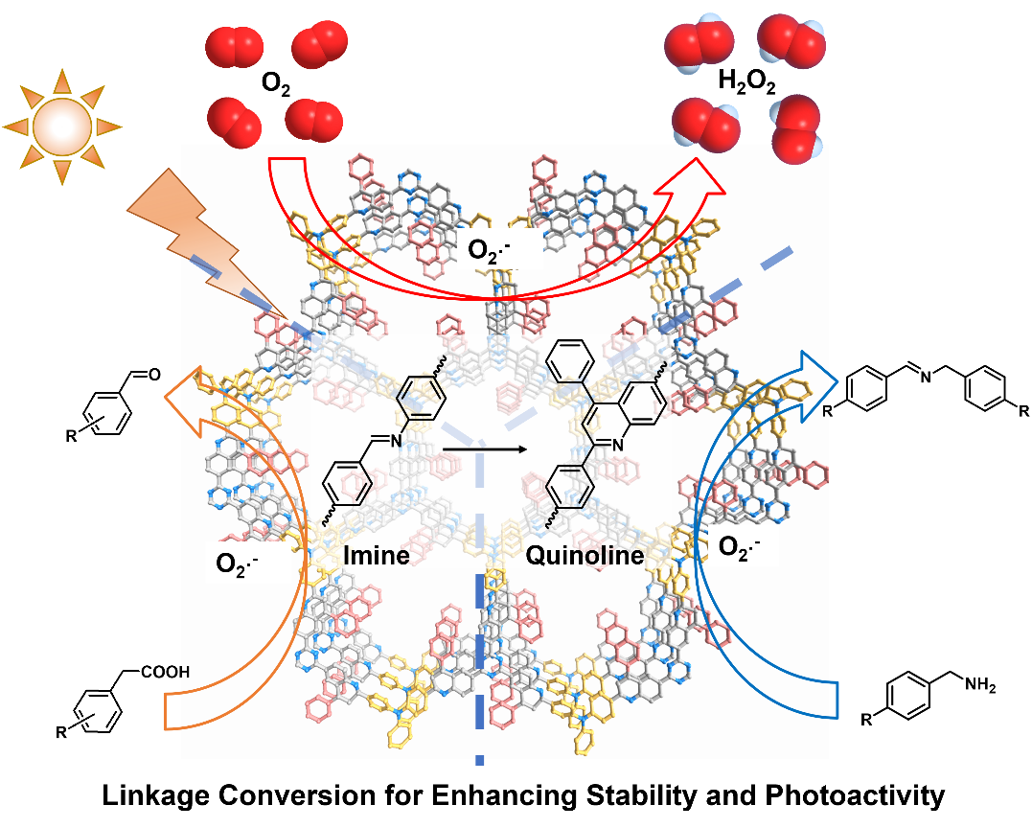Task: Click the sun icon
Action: (62, 126)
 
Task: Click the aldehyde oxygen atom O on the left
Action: (153, 374)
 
